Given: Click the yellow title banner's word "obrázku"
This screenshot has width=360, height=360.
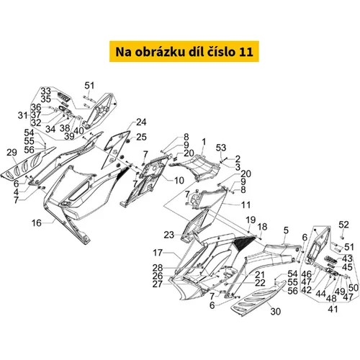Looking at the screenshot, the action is pos(157,52).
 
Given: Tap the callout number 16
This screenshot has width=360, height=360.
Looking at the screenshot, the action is pos(37,223).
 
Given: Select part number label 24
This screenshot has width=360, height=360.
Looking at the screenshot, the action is pos(141,122).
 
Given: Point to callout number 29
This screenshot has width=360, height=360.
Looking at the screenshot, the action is pos(12,153).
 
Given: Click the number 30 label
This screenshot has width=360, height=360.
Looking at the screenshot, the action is pos(275,312).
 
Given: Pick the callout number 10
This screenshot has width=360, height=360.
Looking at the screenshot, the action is pos(179,181).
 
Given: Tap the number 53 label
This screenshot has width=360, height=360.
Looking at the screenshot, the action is pos(221,148).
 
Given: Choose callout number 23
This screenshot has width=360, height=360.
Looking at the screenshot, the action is pos(169,235).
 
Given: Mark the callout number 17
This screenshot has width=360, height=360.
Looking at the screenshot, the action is pos(158,253).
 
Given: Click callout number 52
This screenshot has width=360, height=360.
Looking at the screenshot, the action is pos(343,225).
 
